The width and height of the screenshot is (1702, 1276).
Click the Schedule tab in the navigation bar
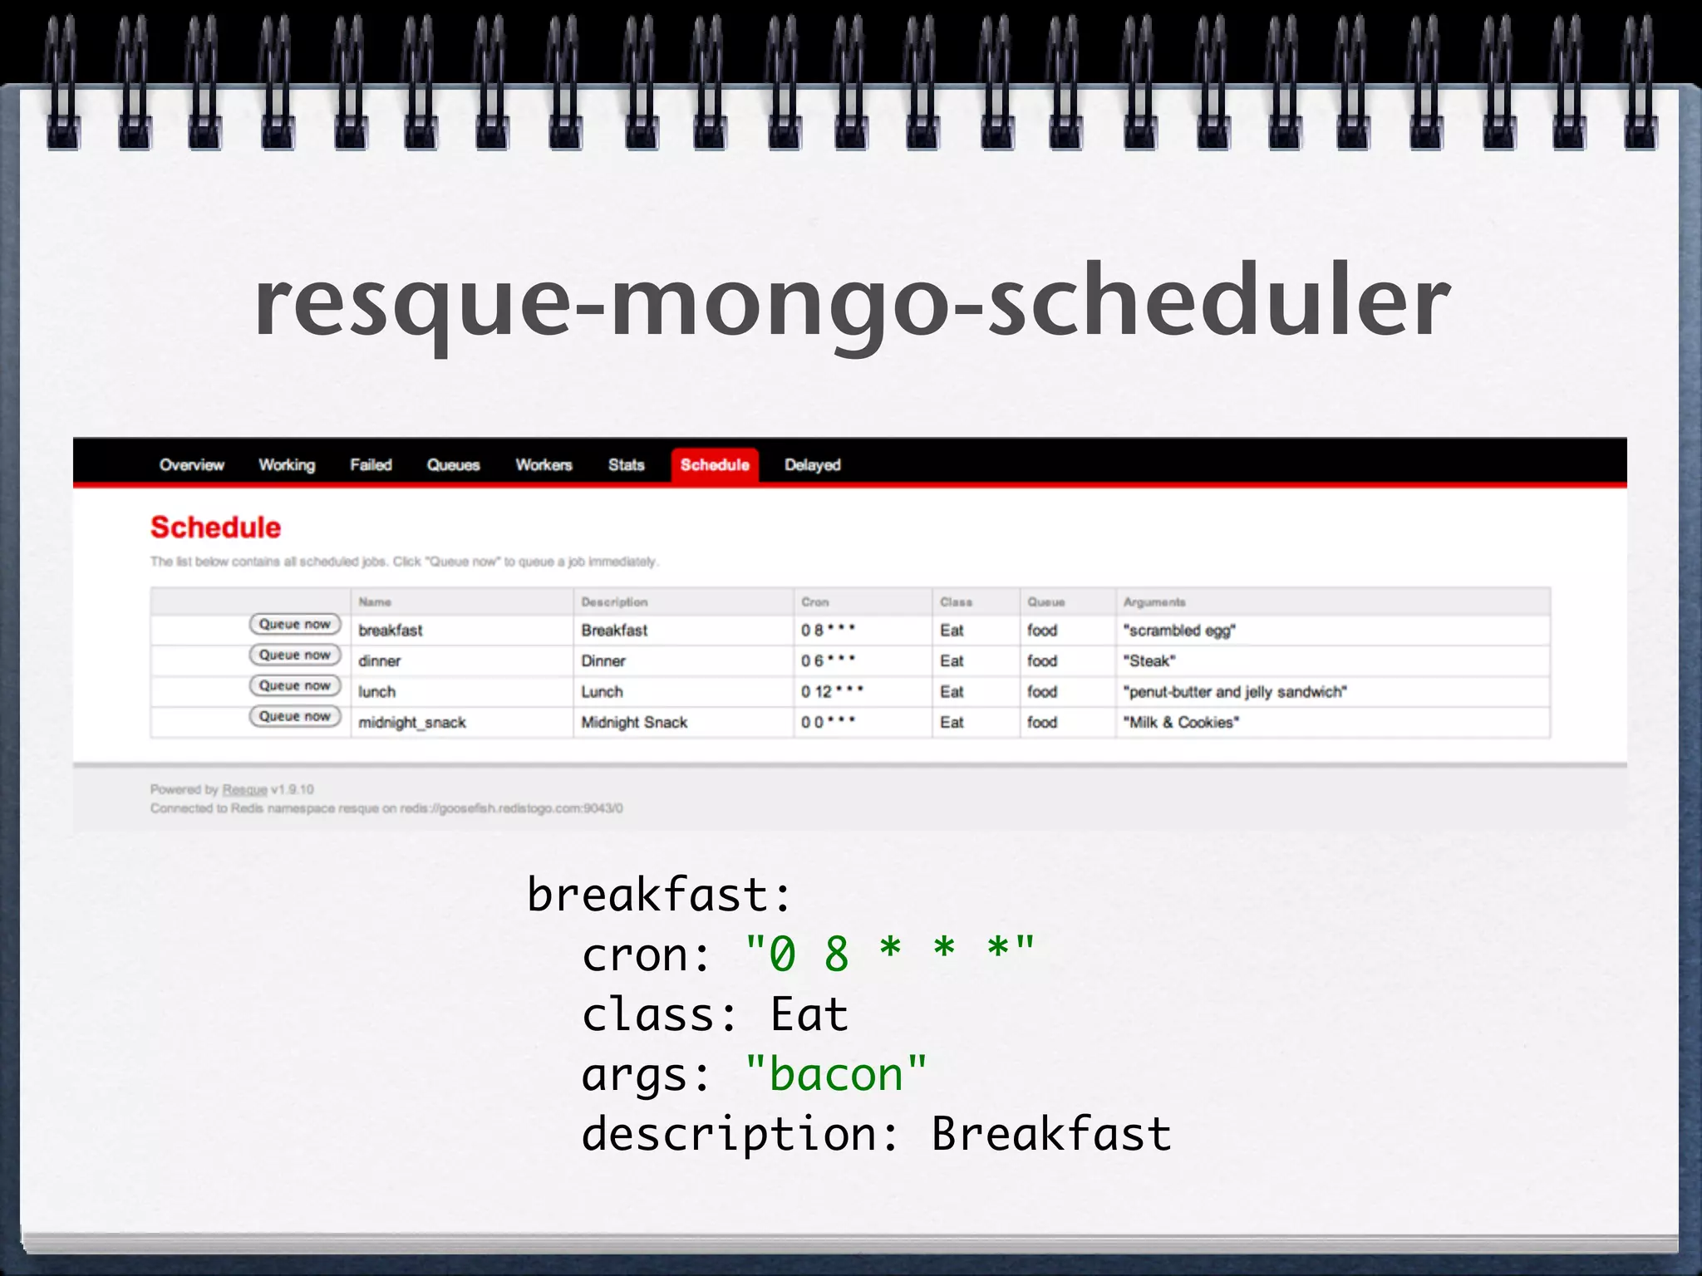click(715, 465)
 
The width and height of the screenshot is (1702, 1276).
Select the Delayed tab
click(812, 465)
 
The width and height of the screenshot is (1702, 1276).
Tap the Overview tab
click(192, 465)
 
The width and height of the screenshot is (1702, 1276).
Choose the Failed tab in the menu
click(371, 465)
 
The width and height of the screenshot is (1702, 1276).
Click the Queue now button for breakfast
click(295, 624)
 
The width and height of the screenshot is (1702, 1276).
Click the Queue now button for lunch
click(295, 685)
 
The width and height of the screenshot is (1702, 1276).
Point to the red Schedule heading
click(216, 528)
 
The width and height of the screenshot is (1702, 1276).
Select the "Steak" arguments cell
click(1149, 661)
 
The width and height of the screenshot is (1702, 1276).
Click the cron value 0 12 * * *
click(832, 691)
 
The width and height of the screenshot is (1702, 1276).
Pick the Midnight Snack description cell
click(634, 723)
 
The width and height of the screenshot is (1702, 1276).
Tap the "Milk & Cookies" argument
click(1181, 723)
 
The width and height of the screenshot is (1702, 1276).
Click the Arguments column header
click(1154, 602)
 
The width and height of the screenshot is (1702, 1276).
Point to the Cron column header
click(814, 602)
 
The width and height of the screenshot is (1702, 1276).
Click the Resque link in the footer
click(244, 789)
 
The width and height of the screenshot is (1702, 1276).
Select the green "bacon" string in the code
click(836, 1074)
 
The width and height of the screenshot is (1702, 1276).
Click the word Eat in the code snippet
click(809, 1014)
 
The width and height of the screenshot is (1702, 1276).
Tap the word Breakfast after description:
click(1051, 1134)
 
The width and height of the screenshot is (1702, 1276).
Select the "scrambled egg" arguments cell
click(1179, 631)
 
